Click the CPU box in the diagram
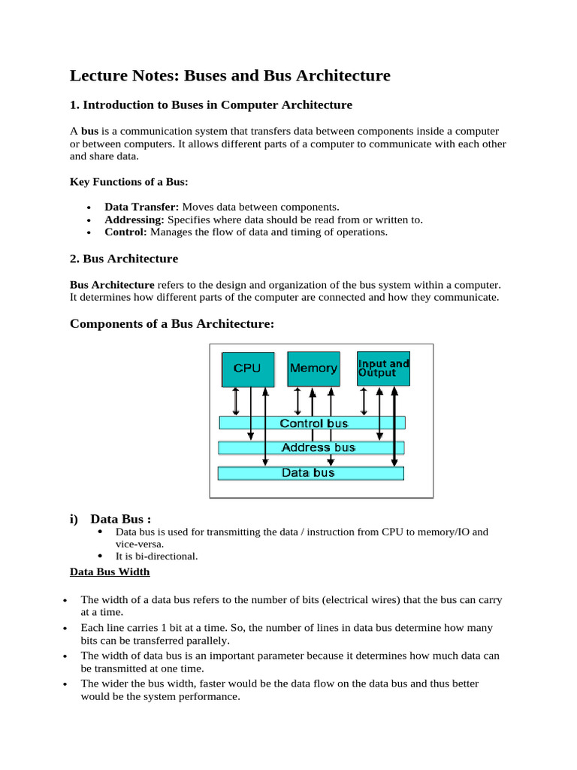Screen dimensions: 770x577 point(248,368)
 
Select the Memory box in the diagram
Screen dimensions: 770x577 point(313,368)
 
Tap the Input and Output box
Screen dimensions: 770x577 point(383,368)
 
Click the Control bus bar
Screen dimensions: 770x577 point(312,423)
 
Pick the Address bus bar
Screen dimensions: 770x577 point(312,447)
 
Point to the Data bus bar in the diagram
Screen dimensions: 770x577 point(310,473)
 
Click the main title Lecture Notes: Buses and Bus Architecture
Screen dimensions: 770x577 point(230,75)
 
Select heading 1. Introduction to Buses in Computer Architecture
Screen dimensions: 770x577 point(211,105)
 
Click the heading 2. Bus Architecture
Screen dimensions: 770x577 point(124,259)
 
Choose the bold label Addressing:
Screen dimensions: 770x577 point(134,220)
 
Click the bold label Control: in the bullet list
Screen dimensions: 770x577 point(125,232)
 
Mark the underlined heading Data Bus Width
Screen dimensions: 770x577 point(110,572)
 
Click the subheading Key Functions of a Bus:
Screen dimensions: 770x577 point(128,182)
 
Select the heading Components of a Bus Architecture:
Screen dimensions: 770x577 point(172,324)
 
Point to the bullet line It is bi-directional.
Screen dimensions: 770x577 point(158,556)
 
